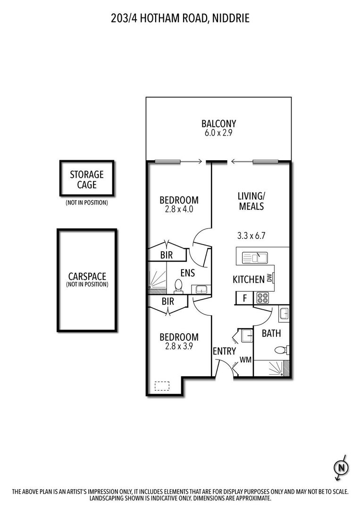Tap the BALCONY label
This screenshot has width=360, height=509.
(218, 124)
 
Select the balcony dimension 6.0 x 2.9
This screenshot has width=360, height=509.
(218, 133)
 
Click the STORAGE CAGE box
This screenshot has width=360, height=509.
(87, 179)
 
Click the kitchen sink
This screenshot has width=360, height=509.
(255, 258)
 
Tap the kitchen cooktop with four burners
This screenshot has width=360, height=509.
(262, 298)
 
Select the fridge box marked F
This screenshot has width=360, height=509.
(244, 298)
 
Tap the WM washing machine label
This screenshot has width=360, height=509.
(245, 360)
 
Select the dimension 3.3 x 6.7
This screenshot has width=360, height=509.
(251, 236)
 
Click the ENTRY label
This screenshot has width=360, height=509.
(224, 351)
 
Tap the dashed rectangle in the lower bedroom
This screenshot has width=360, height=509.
(162, 386)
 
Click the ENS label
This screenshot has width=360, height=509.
(187, 272)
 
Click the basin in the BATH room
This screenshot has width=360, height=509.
(284, 313)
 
